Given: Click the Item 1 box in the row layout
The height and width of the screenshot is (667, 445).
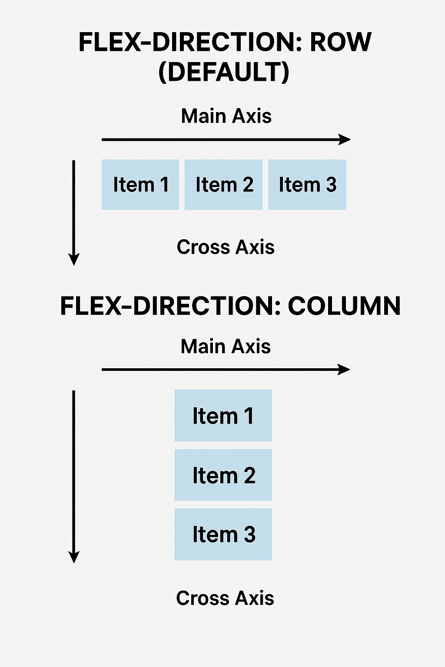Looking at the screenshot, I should (x=140, y=185).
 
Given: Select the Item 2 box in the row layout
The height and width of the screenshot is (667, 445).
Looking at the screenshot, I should (x=223, y=185).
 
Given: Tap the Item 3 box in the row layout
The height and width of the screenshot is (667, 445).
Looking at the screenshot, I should (x=307, y=185).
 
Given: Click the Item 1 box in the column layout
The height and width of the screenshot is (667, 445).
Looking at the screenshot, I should (x=223, y=416).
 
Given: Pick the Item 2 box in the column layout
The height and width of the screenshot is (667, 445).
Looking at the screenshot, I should (x=223, y=475).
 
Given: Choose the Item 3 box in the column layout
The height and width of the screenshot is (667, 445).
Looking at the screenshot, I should (x=223, y=534).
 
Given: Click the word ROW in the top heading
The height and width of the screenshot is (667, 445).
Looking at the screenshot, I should (x=340, y=42).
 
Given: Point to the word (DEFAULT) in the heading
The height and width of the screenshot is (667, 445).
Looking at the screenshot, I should (x=224, y=72).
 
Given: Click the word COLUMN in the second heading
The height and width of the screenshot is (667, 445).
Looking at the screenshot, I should (x=344, y=306).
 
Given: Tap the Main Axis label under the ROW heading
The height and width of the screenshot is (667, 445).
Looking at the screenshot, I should (x=226, y=116).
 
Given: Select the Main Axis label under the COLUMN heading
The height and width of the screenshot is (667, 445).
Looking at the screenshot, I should (x=226, y=347).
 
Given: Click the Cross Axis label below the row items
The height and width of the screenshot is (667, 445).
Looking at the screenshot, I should (x=226, y=247).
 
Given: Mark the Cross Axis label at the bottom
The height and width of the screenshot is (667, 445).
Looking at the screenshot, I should (x=225, y=598).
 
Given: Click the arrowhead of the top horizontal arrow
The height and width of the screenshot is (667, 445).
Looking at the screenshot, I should (x=345, y=139).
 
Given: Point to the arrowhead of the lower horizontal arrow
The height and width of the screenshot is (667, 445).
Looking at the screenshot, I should (x=345, y=370).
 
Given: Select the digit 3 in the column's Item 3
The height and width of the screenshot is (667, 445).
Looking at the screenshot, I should (x=249, y=535).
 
